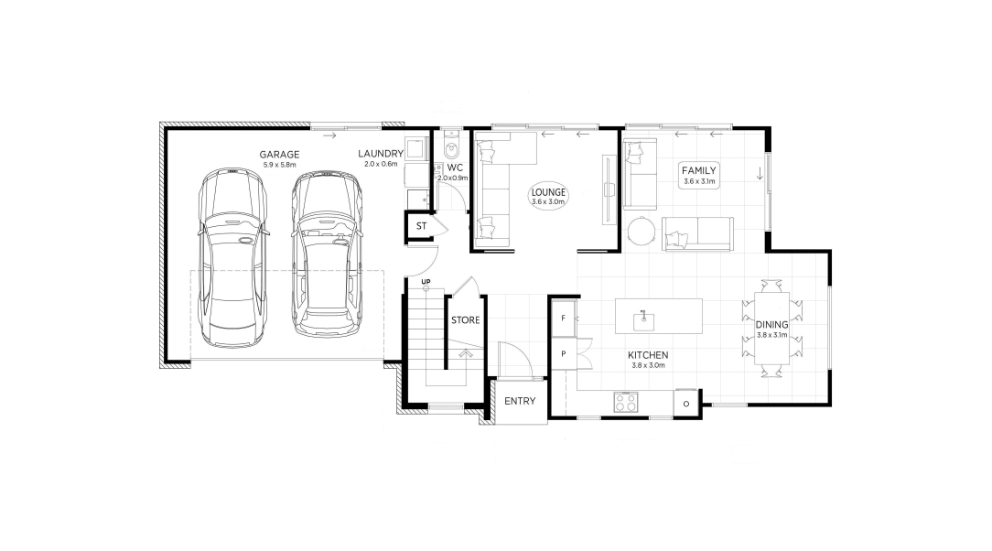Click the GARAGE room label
coord(279,155)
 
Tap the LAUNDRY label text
coord(380,154)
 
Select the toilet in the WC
coord(452,146)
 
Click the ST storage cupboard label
coord(421,226)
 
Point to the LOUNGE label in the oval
coord(548,193)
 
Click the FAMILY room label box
coord(698,175)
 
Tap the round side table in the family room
coord(642,231)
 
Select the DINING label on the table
coord(771,325)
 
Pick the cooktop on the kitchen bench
coord(626,403)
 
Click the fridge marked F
coord(563,319)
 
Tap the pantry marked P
coord(563,354)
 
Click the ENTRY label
coord(520,401)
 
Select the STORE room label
coord(466,320)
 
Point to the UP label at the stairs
coord(426,282)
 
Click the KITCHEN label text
coord(648,355)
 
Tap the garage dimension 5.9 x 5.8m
coord(279,165)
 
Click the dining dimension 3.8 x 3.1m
coord(771,335)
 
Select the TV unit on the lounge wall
coord(609,189)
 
